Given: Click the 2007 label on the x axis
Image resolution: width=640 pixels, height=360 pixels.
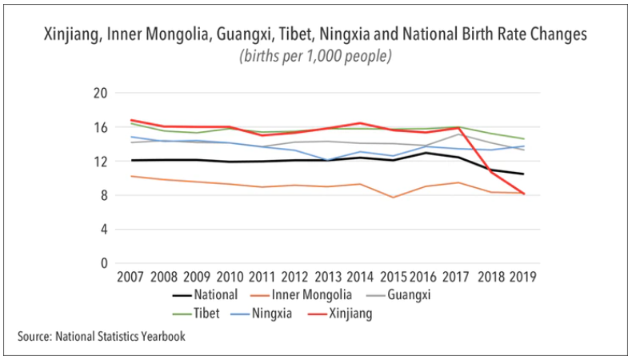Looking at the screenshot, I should click(130, 278).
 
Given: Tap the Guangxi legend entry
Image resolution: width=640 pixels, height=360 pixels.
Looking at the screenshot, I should click(439, 295).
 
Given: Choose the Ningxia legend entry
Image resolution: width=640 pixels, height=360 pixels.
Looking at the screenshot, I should click(275, 314).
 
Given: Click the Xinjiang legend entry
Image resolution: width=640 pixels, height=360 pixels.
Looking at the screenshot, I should click(350, 314).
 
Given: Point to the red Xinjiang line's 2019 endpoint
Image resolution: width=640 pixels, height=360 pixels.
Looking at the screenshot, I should click(524, 194).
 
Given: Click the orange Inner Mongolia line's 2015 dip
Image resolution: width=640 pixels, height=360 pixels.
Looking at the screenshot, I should click(393, 197).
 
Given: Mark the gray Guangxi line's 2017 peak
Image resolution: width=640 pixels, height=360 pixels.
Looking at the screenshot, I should click(458, 134).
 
